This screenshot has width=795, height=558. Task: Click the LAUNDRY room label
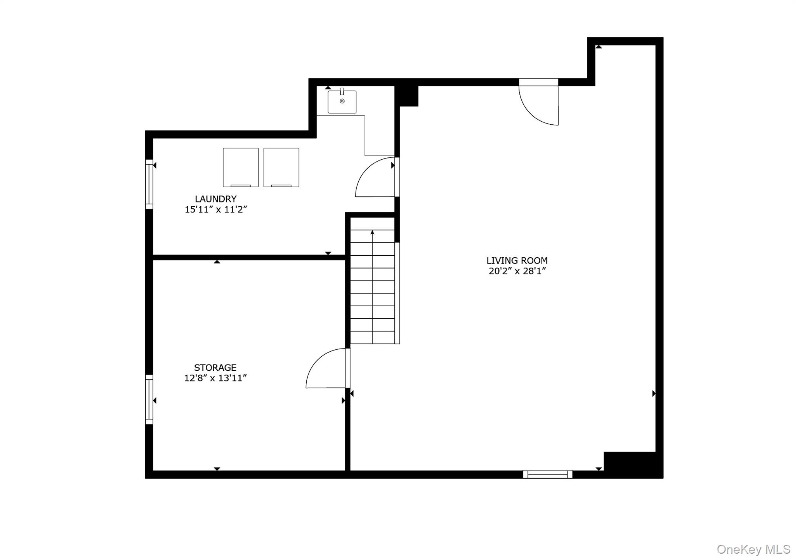point(215,199)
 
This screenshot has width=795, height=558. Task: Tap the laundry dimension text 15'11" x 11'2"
point(215,209)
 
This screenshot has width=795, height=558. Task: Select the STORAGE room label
point(215,368)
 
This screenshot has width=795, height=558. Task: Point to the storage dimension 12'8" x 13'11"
point(215,378)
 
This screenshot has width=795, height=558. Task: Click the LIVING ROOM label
point(517,261)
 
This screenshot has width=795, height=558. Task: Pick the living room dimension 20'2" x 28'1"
point(517,271)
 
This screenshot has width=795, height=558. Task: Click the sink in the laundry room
point(342,102)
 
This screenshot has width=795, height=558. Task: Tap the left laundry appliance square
point(241,167)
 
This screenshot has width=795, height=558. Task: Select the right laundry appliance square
point(281,167)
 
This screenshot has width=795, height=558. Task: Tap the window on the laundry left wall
point(149,184)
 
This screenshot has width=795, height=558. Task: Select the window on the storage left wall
point(149,399)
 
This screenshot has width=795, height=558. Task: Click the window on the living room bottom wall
point(547,474)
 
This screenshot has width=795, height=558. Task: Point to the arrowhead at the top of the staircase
point(372,232)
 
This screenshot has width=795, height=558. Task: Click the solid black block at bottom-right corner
point(633,465)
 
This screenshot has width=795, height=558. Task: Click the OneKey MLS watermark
point(753,549)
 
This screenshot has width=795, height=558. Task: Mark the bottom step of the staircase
point(372,337)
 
